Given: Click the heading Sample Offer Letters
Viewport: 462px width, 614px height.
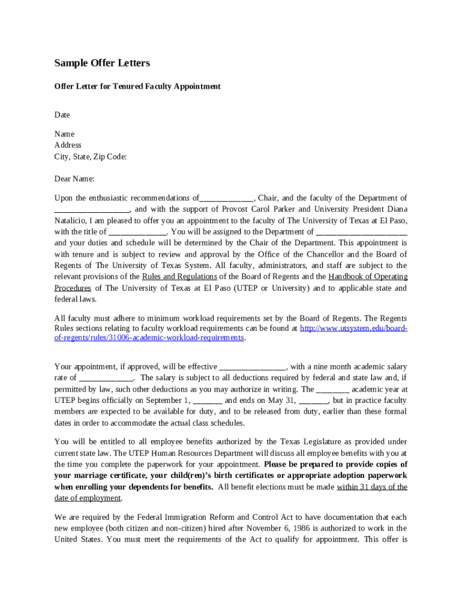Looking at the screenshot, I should (x=102, y=63).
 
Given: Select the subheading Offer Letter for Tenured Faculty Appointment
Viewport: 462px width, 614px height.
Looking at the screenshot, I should (x=137, y=86).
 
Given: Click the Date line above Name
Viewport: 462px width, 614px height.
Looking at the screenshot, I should (x=62, y=115).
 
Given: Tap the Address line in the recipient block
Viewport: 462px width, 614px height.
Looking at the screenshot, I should (x=68, y=145).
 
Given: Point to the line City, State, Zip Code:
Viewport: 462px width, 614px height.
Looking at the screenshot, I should (x=91, y=156).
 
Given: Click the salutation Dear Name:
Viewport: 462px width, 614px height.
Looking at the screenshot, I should (x=74, y=179).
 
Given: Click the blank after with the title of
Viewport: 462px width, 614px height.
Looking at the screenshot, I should (x=137, y=232).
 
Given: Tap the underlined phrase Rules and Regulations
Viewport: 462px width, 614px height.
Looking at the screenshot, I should (x=179, y=277).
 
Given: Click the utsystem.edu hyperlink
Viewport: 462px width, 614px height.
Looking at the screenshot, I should (x=354, y=329).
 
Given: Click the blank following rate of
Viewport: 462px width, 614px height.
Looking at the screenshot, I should (x=106, y=378).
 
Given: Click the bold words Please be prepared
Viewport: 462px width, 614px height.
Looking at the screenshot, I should (x=298, y=465).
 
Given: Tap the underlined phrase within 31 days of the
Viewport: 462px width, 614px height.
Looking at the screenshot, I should (x=372, y=487).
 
